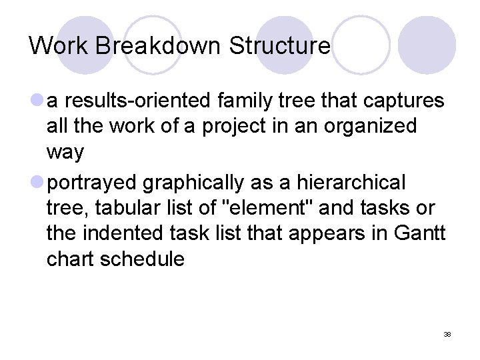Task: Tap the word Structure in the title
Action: coord(279,46)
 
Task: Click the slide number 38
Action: coord(447,334)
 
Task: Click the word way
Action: coord(65,152)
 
